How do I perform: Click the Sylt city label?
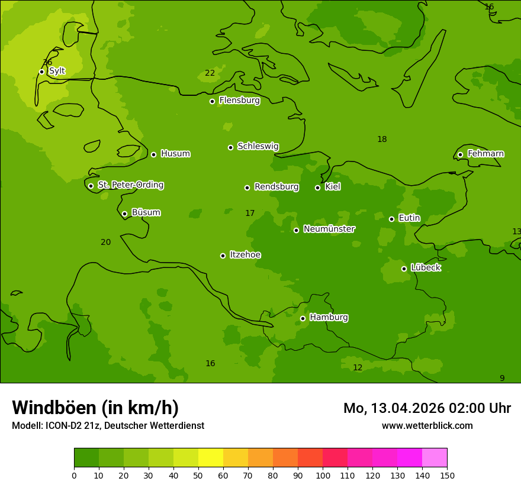pyautogui.click(x=57, y=71)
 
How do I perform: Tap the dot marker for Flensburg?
pyautogui.click(x=212, y=101)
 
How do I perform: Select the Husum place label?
pyautogui.click(x=175, y=154)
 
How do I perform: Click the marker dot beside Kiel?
pyautogui.click(x=317, y=188)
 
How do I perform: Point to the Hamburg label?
pyautogui.click(x=329, y=318)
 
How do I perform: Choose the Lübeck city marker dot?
pyautogui.click(x=404, y=269)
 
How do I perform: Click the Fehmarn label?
pyautogui.click(x=485, y=154)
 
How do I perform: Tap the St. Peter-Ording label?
pyautogui.click(x=130, y=185)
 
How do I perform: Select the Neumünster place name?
pyautogui.click(x=329, y=229)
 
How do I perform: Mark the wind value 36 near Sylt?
pyautogui.click(x=47, y=62)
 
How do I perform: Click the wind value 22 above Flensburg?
pyautogui.click(x=210, y=73)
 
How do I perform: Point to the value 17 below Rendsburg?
pyautogui.click(x=250, y=213)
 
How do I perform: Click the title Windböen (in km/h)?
pyautogui.click(x=95, y=408)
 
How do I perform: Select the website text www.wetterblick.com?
pyautogui.click(x=427, y=425)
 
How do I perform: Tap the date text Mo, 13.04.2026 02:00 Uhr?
pyautogui.click(x=427, y=408)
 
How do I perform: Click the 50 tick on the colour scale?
pyautogui.click(x=198, y=475)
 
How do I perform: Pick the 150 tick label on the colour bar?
pyautogui.click(x=447, y=475)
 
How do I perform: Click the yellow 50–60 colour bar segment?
pyautogui.click(x=211, y=458)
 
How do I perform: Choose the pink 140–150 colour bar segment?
pyautogui.click(x=435, y=458)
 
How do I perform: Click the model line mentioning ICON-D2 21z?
pyautogui.click(x=108, y=425)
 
